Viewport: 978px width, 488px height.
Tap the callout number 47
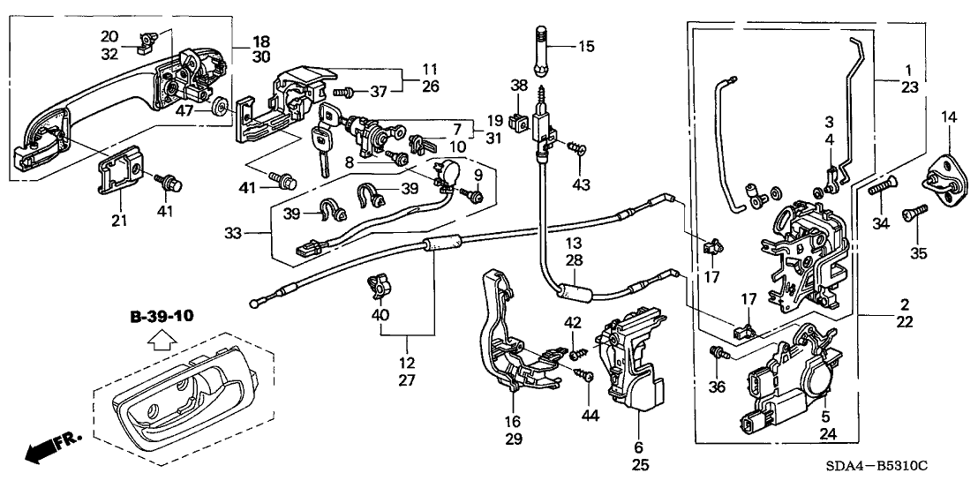[185, 111]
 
